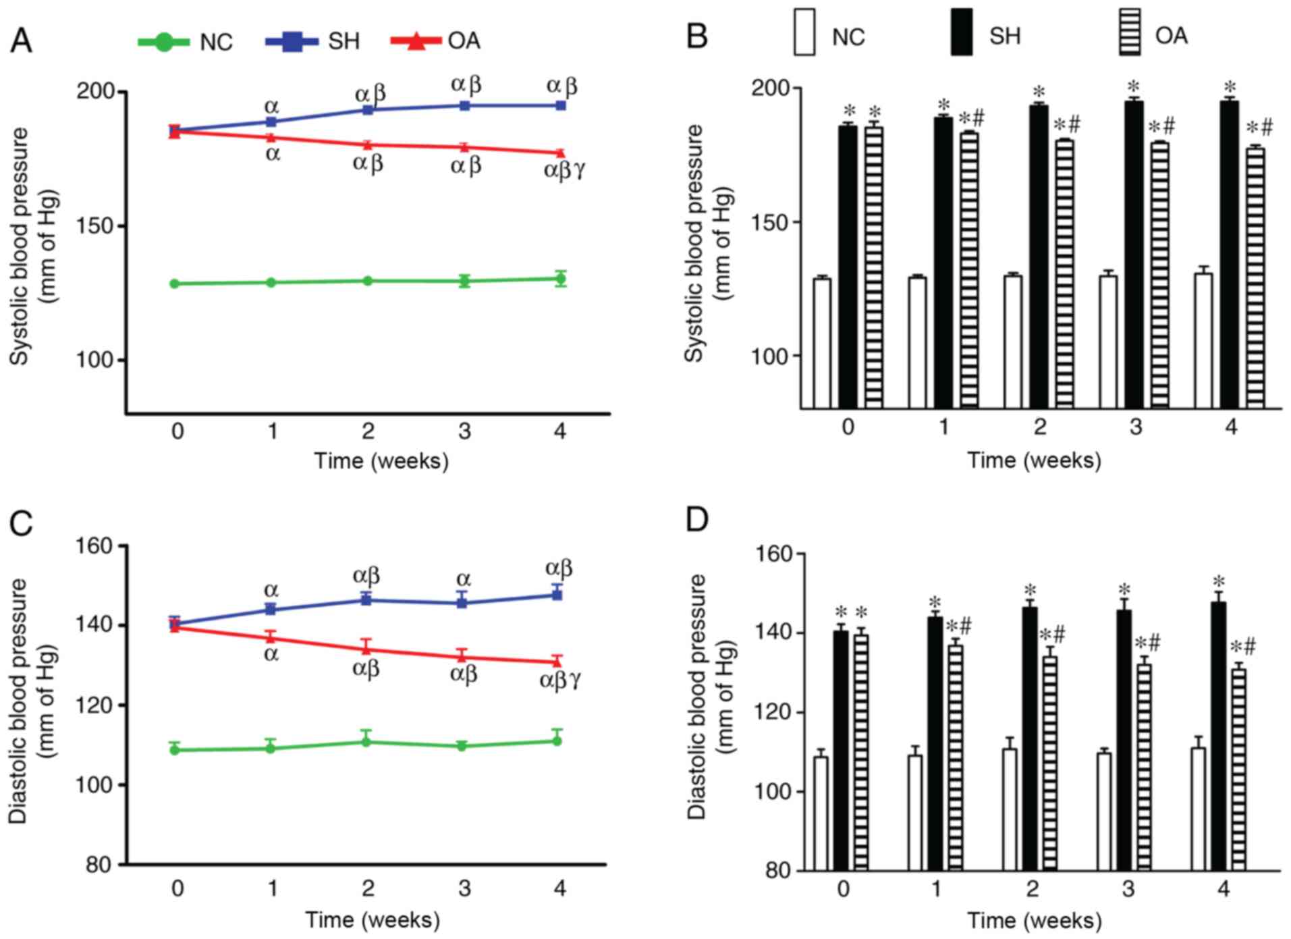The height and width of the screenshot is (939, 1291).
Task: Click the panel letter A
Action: point(21,41)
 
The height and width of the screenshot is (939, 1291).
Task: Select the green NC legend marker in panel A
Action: point(164,42)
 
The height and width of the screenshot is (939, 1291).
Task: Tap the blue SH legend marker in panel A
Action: point(292,41)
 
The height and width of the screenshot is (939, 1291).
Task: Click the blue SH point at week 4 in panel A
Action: point(560,105)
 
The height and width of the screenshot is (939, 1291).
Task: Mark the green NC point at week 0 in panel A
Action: point(175,284)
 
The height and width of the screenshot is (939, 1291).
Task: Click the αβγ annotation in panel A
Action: point(564,169)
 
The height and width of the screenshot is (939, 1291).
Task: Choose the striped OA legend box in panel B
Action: point(1130,32)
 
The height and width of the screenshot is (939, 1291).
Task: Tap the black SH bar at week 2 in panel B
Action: point(1039,257)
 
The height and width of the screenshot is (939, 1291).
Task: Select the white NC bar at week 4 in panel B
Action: point(1203,340)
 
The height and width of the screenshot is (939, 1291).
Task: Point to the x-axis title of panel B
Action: point(1034,460)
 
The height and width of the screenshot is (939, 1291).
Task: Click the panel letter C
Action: point(21,523)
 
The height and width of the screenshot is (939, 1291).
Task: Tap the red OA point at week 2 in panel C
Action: point(366,649)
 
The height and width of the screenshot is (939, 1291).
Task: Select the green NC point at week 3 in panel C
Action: point(462,746)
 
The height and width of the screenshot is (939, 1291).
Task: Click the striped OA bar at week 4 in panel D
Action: point(1238,769)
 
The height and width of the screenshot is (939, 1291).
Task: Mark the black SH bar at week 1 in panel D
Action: point(935,743)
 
